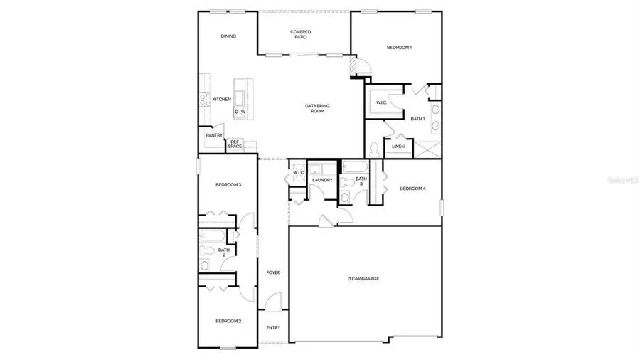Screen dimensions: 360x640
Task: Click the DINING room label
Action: point(228,36)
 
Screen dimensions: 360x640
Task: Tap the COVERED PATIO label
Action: point(300,34)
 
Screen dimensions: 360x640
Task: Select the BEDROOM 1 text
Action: point(399,47)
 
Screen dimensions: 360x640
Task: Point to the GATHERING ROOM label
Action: point(317,108)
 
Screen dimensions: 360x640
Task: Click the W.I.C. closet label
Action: point(381,103)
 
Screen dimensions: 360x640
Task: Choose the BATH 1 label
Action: point(417,119)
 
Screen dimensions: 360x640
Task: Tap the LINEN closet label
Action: point(398,147)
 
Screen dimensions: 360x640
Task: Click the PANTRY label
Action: point(214,135)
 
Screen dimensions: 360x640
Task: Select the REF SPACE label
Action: point(235,144)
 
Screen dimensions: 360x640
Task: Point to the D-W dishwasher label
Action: point(240,112)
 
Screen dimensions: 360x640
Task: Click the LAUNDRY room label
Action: point(322,180)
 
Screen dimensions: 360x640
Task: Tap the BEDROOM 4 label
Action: point(412,189)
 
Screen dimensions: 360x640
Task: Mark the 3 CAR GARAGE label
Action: point(363,278)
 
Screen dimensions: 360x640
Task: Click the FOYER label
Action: point(273,272)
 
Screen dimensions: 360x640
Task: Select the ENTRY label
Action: point(273,328)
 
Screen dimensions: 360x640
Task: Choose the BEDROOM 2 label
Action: point(228,321)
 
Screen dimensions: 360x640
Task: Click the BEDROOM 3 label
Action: point(228,185)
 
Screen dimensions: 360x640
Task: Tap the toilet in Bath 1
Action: point(374,149)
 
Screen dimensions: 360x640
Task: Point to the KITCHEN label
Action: point(221,100)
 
